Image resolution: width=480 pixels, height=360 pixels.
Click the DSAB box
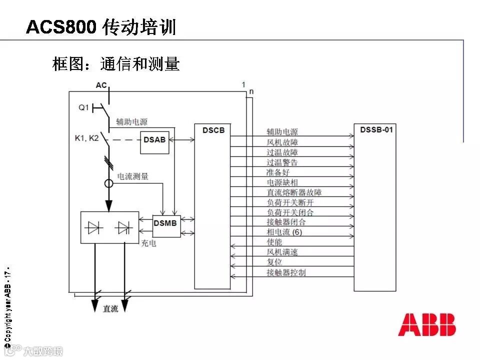154,140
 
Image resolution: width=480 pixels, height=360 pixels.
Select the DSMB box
165,223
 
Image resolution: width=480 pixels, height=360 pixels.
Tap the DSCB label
213,130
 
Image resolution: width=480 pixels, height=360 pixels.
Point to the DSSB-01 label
376,130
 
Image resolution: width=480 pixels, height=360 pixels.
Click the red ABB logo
427,324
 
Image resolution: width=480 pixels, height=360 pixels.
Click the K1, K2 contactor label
86,138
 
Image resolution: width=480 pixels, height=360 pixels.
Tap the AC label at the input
101,85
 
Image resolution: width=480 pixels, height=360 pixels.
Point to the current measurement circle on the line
108,183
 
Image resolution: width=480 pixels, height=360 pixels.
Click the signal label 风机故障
282,142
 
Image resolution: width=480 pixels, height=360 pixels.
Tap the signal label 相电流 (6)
284,232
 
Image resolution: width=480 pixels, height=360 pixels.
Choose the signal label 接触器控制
286,272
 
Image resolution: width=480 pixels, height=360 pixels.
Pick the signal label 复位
274,262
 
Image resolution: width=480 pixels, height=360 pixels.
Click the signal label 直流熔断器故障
297,192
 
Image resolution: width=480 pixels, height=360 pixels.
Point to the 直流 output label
110,309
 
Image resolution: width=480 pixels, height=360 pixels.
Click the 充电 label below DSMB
148,243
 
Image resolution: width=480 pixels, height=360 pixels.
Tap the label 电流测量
132,176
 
